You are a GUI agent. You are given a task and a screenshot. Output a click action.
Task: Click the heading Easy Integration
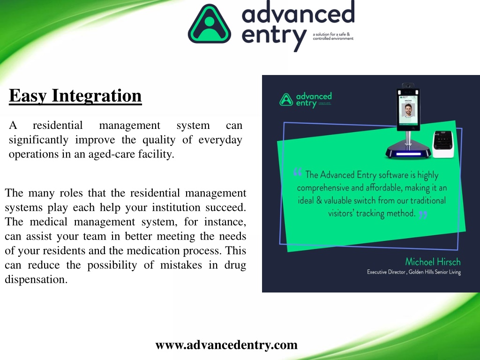click(x=75, y=96)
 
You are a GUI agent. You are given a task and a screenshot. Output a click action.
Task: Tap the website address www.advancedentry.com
click(x=226, y=345)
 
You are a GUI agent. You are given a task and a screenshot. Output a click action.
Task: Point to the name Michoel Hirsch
click(x=433, y=262)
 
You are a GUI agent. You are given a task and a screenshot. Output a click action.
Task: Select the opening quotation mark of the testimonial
click(x=297, y=173)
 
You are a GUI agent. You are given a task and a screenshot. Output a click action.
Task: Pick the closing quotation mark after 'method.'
click(x=423, y=215)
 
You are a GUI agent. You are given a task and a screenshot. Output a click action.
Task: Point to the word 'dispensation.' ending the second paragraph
click(x=36, y=279)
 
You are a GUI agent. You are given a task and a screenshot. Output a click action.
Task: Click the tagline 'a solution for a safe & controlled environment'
click(x=333, y=36)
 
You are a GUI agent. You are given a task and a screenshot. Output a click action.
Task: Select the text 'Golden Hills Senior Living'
click(x=435, y=272)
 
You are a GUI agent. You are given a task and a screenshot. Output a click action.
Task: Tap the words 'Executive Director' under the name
click(x=386, y=272)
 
